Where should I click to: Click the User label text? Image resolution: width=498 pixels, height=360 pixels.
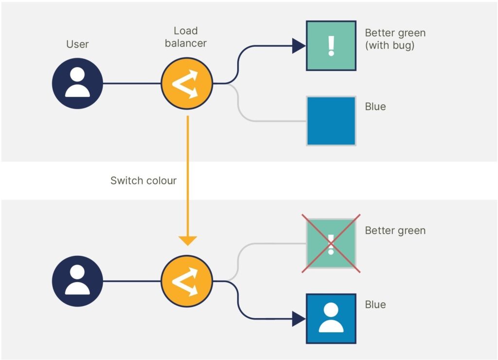77,44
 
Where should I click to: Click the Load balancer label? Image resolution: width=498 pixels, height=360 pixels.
185,37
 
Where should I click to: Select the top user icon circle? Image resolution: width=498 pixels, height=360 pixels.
77,83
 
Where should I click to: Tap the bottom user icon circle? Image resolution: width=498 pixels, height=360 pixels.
77,281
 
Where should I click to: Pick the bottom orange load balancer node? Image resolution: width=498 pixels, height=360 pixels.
186,281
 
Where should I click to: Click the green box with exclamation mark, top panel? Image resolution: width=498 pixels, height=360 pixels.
331,46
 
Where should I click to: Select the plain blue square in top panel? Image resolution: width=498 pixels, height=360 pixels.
331,121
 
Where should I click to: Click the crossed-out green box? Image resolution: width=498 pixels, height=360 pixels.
331,243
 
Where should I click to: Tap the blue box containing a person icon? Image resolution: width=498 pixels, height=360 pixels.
331,318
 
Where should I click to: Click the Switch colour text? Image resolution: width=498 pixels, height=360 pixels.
143,180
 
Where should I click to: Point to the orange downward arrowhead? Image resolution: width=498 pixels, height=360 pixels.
187,240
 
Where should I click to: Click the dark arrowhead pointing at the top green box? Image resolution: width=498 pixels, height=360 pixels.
298,46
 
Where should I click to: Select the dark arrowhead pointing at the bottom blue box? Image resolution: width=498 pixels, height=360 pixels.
298,319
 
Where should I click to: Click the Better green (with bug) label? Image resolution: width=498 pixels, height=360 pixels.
395,39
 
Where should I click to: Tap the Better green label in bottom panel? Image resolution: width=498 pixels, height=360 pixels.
395,230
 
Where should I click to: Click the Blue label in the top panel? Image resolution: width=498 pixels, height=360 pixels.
375,107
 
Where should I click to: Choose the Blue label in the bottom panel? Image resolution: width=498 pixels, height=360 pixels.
375,305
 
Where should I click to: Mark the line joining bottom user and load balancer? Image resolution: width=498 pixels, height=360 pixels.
132,281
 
